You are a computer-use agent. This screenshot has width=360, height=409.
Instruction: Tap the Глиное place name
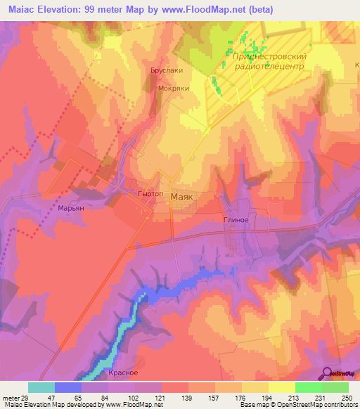pyautogui.click(x=236, y=219)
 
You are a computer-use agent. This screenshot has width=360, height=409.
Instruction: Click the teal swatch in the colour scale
pyautogui.click(x=41, y=387)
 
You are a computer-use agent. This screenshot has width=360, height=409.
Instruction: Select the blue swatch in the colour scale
pyautogui.click(x=68, y=387)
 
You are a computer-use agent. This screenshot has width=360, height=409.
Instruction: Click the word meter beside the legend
pyautogui.click(x=9, y=397)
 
